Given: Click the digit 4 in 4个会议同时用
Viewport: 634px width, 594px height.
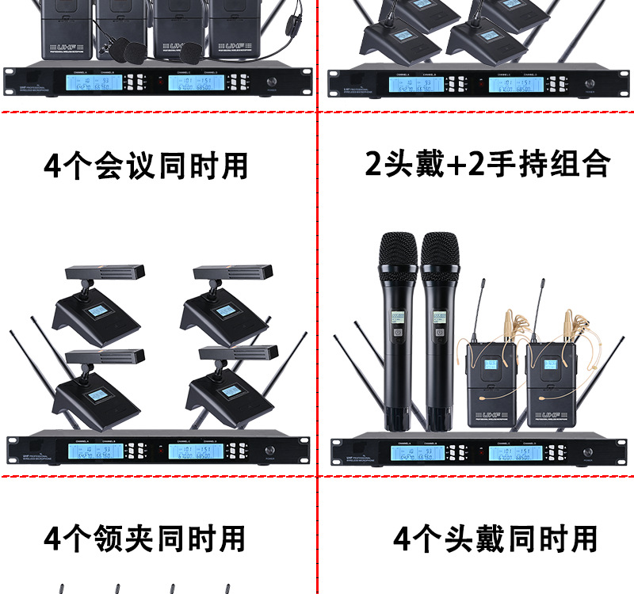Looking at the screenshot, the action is tap(52, 166).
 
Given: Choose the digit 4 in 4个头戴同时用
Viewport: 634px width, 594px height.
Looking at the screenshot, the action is tap(403, 539).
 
